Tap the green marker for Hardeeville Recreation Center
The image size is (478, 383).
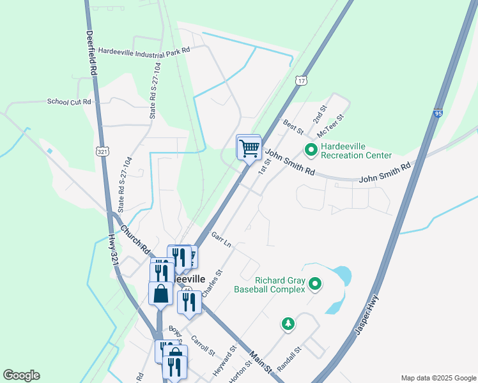pos(311,151)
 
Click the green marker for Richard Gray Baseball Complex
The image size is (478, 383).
pos(315,285)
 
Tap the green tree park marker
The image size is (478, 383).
pos(289,324)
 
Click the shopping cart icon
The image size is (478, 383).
pos(249,149)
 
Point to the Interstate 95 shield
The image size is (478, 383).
pos(438,113)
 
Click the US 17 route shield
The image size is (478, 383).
pos(301,80)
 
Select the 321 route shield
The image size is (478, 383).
pos(103,151)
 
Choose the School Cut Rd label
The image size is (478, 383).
pos(69,101)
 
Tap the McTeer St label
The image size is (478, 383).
pos(330,126)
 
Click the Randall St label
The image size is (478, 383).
pos(289,359)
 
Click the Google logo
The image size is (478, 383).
pos(21,375)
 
